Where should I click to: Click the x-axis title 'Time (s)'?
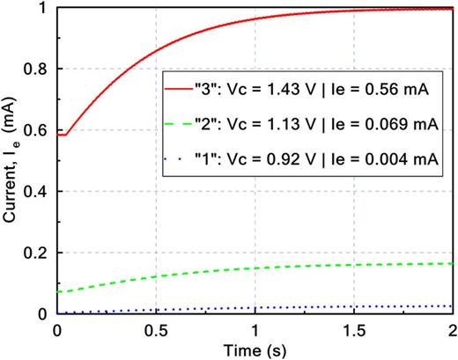click(254, 348)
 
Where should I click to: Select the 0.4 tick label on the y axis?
click(38, 192)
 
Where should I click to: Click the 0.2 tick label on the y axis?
click(38, 253)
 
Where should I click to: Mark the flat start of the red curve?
click(62, 135)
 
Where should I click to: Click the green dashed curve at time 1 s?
click(254, 268)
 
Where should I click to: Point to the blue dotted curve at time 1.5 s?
click(352, 307)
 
